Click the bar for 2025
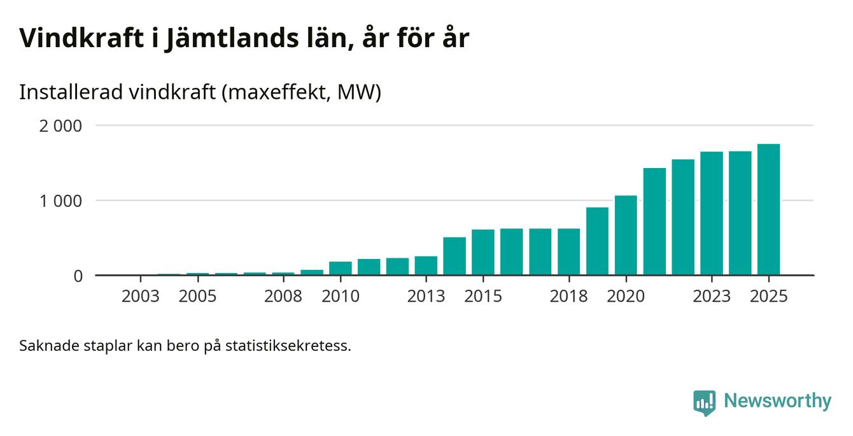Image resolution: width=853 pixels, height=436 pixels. [x=768, y=210]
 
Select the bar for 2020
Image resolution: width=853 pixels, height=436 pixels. [x=626, y=236]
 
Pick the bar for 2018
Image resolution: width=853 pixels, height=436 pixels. [x=568, y=252]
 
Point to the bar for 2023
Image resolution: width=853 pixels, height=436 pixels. [x=712, y=214]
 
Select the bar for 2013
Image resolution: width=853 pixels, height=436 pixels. [x=426, y=266]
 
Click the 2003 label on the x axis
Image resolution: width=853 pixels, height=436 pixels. [x=140, y=297]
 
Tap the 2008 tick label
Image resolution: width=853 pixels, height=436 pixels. [x=283, y=297]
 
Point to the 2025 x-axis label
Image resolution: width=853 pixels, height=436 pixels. [x=768, y=297]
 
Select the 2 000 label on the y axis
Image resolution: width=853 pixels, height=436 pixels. [x=61, y=126]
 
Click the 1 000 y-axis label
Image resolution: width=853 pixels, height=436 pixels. [x=61, y=201]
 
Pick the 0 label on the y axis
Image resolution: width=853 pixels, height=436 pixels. [x=78, y=276]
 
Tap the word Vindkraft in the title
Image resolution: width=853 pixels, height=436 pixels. [x=80, y=38]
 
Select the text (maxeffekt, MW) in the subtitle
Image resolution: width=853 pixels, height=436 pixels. [x=301, y=93]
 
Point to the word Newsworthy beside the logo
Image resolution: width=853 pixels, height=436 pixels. [x=777, y=401]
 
